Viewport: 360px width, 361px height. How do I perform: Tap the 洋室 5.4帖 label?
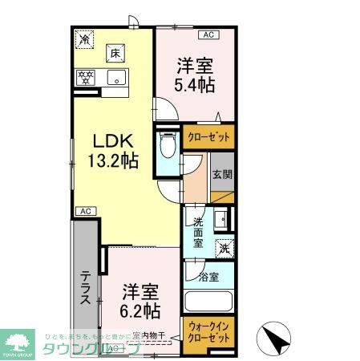(196, 74)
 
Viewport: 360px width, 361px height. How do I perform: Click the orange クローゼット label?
(208, 137)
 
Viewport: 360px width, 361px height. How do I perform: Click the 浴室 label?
(209, 278)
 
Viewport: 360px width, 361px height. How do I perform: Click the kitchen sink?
(115, 78)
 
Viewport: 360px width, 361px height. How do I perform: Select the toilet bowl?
(168, 148)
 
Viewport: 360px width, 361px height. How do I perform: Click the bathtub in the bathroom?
(208, 303)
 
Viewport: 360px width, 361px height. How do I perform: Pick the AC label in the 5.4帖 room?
(208, 35)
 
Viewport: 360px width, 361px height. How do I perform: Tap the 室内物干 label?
(148, 336)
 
